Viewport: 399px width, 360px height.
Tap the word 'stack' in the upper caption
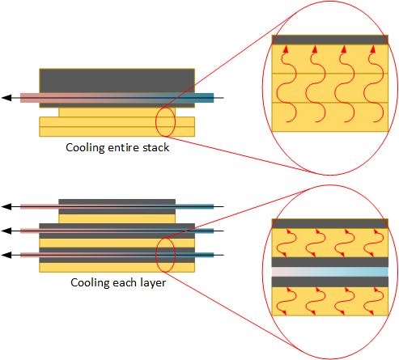point(155,147)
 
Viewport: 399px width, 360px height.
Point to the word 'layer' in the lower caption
point(153,283)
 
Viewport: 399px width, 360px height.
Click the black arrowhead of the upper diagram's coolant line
point(6,98)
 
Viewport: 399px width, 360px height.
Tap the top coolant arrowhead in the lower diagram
point(6,207)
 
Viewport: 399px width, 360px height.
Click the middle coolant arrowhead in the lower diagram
point(6,231)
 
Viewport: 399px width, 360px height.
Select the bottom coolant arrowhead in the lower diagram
point(6,255)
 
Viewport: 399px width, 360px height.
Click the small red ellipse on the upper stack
point(155,122)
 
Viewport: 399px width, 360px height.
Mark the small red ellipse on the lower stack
point(155,255)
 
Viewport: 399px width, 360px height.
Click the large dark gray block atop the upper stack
point(117,81)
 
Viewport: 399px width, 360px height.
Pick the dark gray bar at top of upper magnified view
point(330,40)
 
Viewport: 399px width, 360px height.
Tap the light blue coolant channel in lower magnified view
point(330,272)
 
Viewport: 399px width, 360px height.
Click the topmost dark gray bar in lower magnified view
point(330,223)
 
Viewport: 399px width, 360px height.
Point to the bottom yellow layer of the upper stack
point(117,132)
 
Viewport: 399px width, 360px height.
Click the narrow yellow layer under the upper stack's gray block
point(117,112)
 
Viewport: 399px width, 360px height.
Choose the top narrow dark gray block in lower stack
point(117,201)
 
